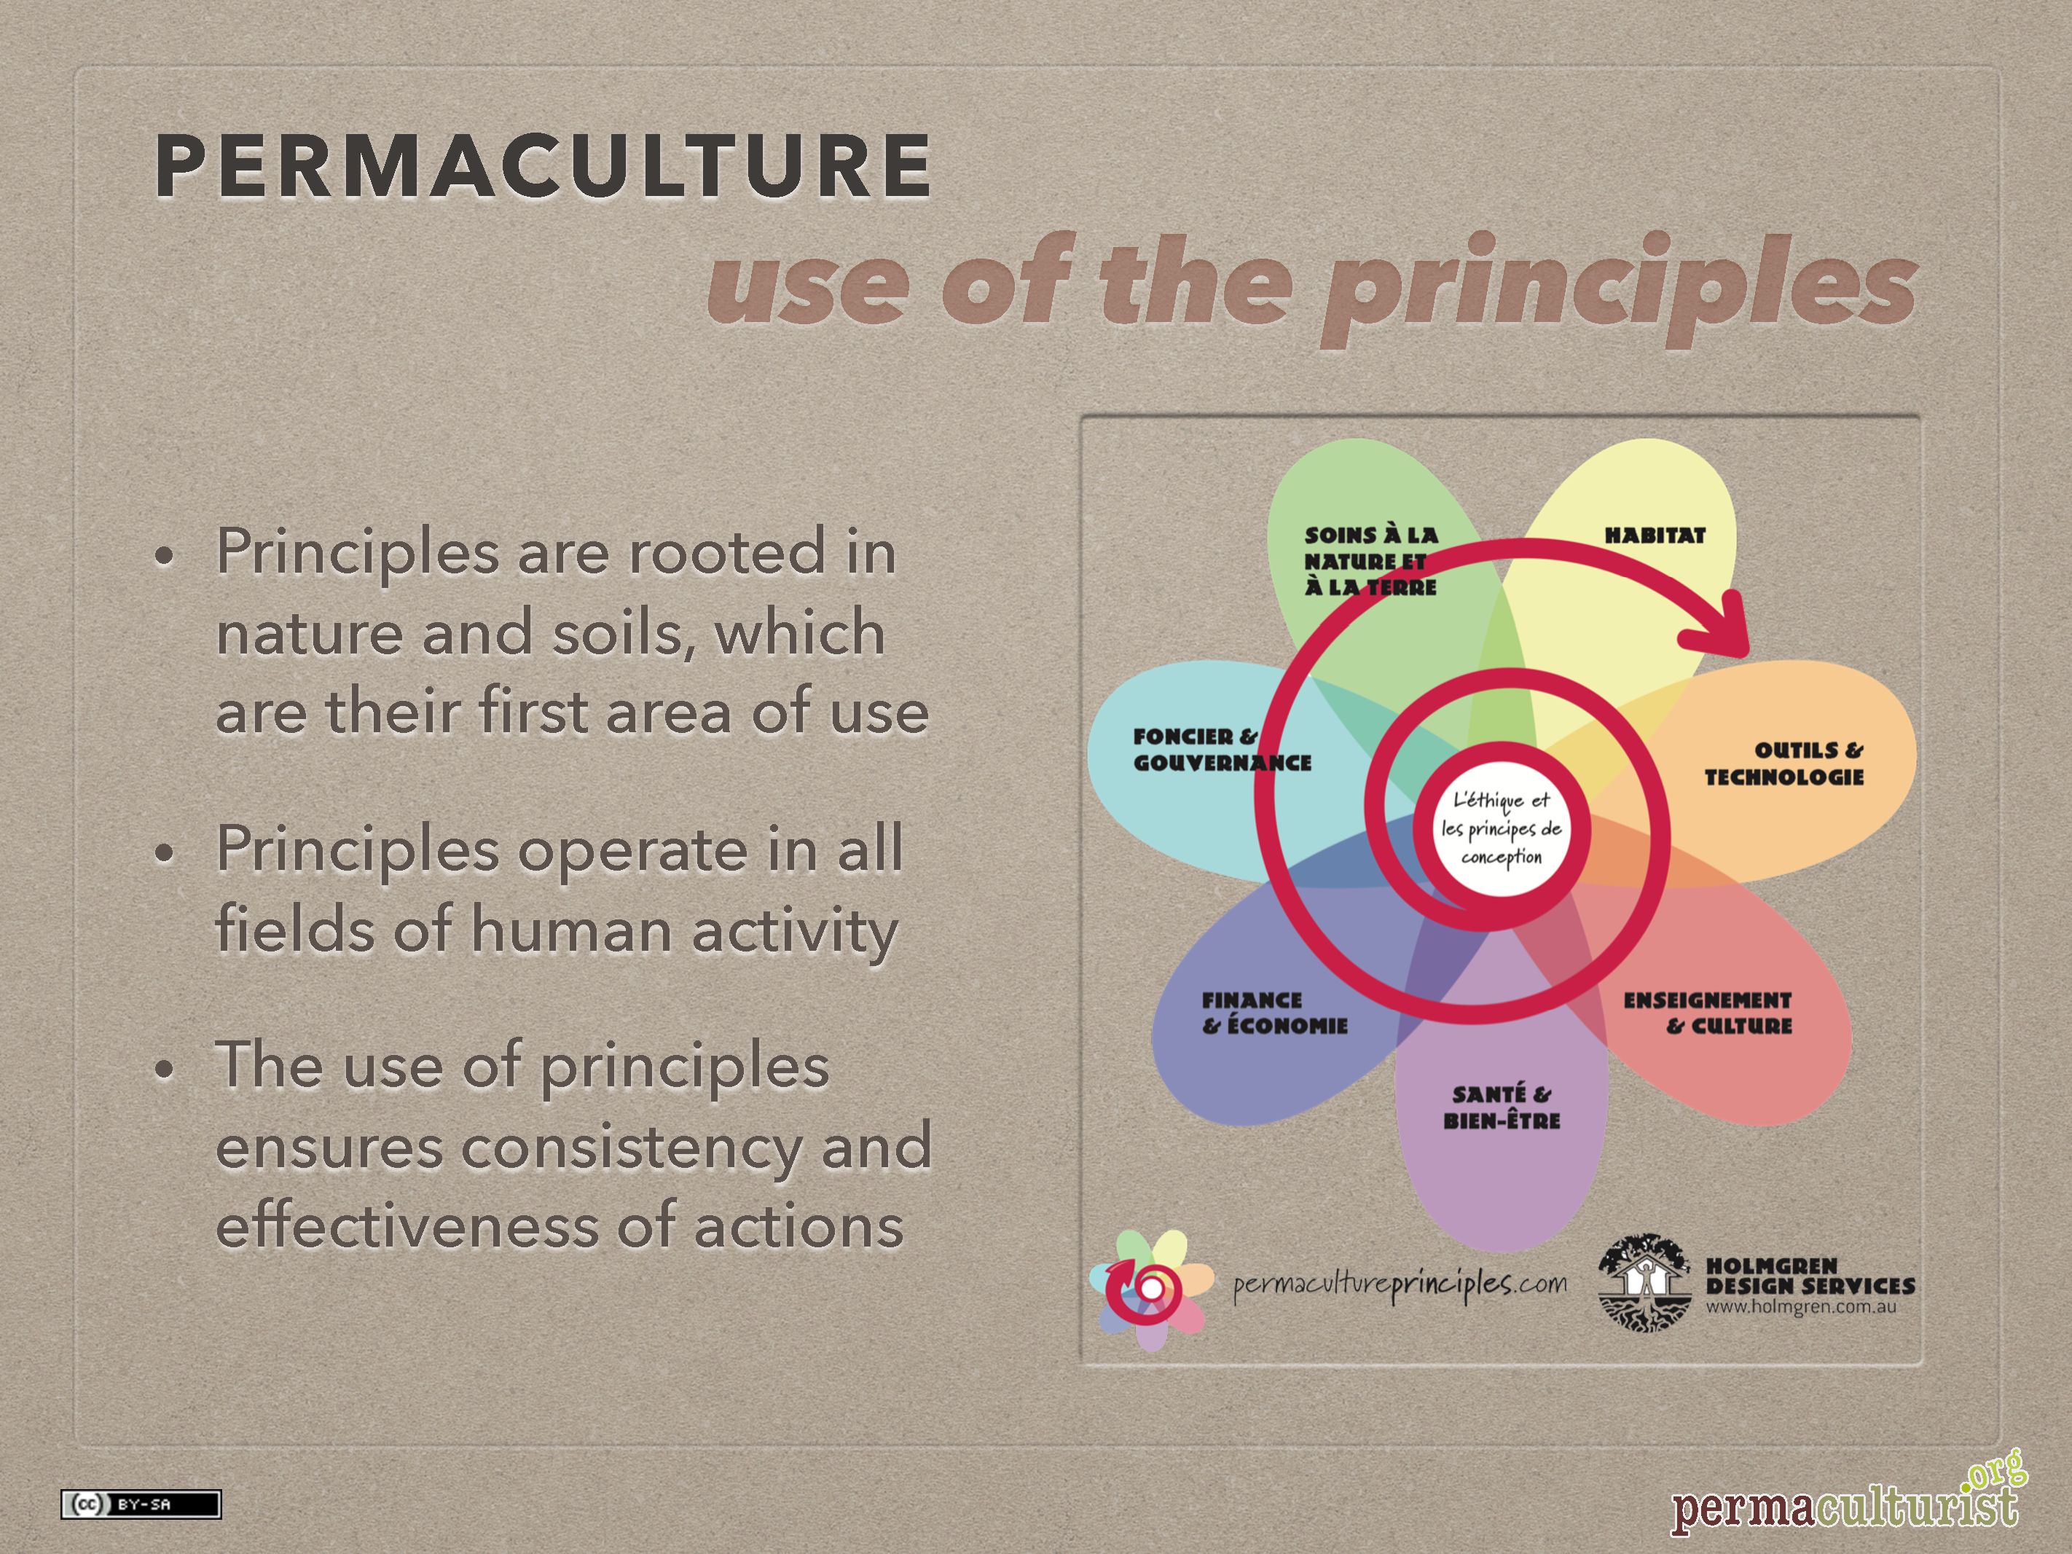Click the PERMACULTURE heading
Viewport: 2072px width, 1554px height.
(x=543, y=166)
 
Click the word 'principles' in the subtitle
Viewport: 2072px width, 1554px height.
(x=1619, y=286)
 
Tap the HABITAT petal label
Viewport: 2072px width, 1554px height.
(x=1655, y=535)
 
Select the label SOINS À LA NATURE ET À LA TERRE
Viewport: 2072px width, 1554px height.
(x=1370, y=561)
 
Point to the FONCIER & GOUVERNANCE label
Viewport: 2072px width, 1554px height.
(x=1223, y=750)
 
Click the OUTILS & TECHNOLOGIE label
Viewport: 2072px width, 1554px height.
(x=1783, y=764)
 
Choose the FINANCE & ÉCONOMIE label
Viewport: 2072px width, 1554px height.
(x=1275, y=1013)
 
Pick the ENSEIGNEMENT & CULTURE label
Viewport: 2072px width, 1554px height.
(x=1707, y=1013)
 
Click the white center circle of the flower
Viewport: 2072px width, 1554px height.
(x=1501, y=830)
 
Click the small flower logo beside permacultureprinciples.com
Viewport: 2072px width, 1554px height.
(x=1151, y=1290)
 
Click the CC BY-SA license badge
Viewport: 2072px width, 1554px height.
(x=141, y=1504)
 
